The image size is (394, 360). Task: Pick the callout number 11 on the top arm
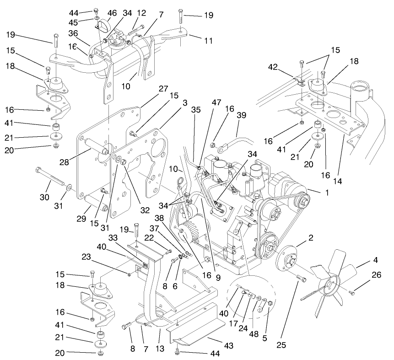(208, 41)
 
